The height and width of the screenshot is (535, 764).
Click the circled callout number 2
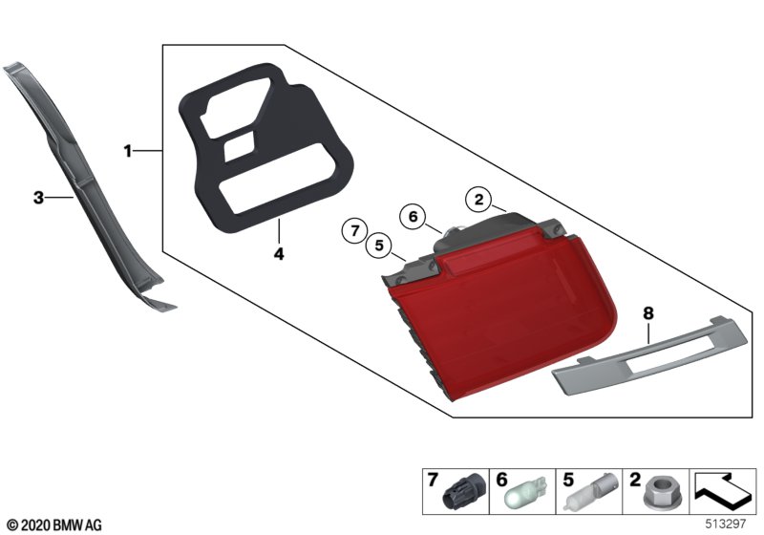point(479,200)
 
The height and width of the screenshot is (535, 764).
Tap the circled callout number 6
point(413,216)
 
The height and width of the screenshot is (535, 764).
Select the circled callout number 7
point(354,230)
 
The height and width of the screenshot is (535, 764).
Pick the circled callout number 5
point(379,246)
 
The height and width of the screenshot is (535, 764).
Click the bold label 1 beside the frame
point(128,151)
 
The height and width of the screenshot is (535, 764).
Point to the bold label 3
point(38,198)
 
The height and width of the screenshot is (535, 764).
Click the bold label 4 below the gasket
point(279,254)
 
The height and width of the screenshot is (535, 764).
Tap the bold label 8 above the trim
point(648,313)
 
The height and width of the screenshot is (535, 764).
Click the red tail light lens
point(502,317)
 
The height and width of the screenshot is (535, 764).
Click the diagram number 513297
point(726,524)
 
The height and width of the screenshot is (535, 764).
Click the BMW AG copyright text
point(55,524)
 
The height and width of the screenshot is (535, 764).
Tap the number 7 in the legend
point(433,480)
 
